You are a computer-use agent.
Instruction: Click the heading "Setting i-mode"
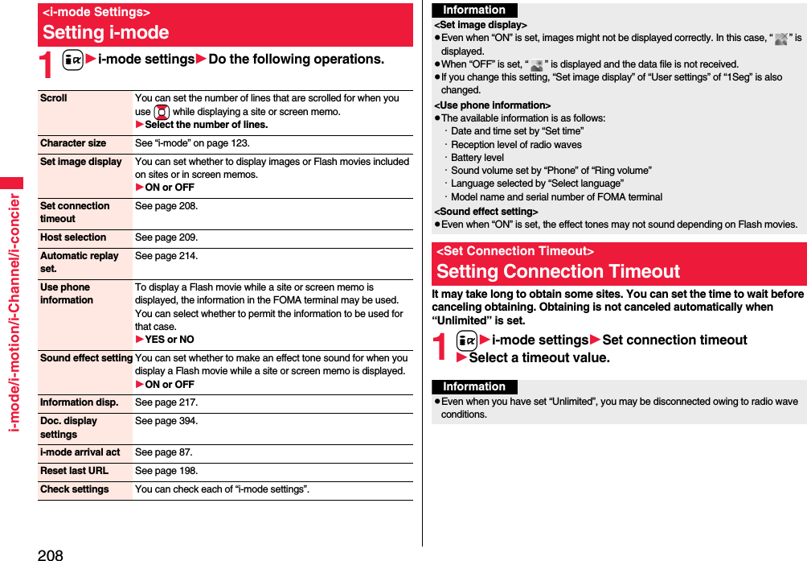point(106,33)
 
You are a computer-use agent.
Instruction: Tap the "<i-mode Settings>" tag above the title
point(96,12)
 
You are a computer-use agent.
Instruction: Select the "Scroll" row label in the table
point(54,98)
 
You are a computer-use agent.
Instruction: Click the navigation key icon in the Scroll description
point(161,112)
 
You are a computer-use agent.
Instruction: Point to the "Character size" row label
point(73,143)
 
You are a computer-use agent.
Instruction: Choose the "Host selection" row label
point(73,237)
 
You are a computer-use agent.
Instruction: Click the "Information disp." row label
point(79,402)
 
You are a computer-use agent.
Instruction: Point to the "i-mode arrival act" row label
point(80,452)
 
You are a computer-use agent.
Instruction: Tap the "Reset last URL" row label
point(74,471)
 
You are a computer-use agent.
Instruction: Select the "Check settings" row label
point(74,489)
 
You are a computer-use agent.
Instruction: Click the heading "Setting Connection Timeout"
point(558,271)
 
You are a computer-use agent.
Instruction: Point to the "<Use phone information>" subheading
point(492,105)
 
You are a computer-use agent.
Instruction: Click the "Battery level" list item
point(477,158)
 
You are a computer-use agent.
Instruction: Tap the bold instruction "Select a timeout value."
point(539,358)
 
